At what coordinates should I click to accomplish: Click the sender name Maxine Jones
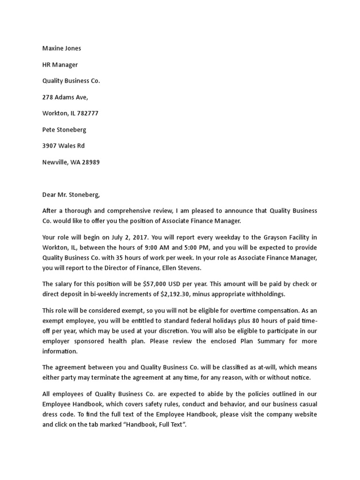tap(61, 48)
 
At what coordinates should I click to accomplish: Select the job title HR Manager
tap(60, 65)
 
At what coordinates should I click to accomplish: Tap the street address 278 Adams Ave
tap(65, 97)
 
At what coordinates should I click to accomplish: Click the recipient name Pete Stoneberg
tap(64, 129)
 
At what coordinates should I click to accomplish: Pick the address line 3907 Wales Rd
tap(63, 146)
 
